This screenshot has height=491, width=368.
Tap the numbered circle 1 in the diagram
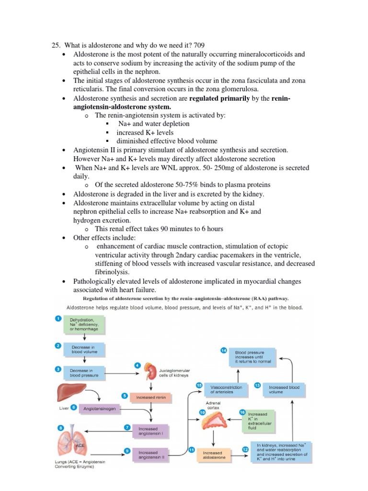point(58,318)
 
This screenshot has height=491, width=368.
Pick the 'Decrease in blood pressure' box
point(85,373)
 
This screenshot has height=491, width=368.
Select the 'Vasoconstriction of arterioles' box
point(226,389)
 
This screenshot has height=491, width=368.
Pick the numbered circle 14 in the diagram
point(223,351)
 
